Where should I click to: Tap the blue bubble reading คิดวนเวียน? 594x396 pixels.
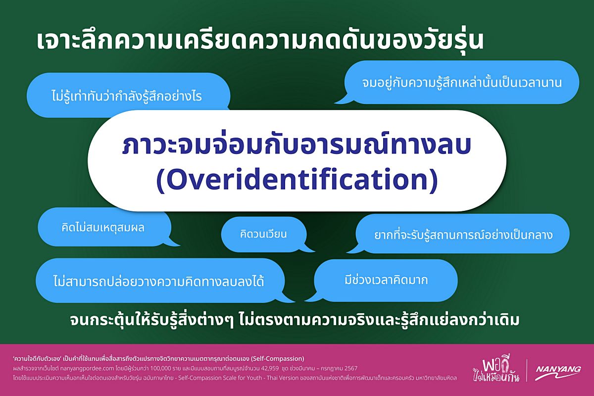coord(264,234)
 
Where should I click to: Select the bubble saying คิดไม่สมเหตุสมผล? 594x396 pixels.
coord(104,227)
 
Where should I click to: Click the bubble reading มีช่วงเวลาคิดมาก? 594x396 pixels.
coord(386,280)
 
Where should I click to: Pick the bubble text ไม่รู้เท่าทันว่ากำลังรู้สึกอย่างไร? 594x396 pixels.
coord(127,96)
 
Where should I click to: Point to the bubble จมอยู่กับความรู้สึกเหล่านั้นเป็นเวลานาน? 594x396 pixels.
coord(462,82)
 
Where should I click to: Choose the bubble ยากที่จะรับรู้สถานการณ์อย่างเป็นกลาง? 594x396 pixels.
coord(463,234)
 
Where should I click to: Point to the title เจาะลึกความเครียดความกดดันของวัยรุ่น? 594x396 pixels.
coord(260,41)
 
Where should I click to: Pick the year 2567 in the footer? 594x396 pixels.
coord(351,368)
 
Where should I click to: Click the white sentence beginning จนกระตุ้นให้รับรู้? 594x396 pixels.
coord(295,320)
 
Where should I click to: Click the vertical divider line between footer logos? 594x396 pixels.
coord(527,370)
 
